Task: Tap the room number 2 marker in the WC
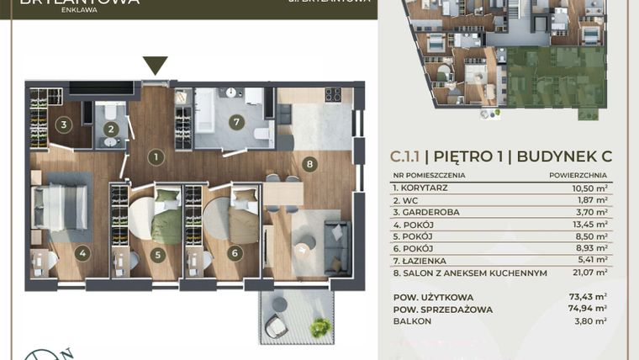pyautogui.click(x=110, y=129)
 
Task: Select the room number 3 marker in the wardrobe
pyautogui.click(x=62, y=126)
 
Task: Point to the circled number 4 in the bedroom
pyautogui.click(x=82, y=251)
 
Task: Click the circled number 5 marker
pyautogui.click(x=157, y=251)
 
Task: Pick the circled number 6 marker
pyautogui.click(x=235, y=251)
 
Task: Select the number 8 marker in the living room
pyautogui.click(x=310, y=165)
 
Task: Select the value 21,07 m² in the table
pyautogui.click(x=589, y=273)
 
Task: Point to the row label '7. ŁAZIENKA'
pyautogui.click(x=423, y=261)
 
